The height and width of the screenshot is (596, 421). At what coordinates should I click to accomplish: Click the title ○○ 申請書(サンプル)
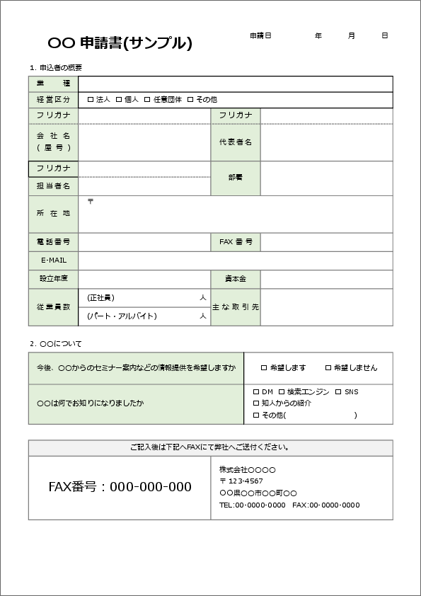[120, 43]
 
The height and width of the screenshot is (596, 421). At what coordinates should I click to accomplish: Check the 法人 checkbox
[91, 100]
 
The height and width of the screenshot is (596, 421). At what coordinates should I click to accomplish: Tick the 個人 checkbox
[119, 100]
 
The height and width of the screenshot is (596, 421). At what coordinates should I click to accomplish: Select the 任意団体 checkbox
[147, 100]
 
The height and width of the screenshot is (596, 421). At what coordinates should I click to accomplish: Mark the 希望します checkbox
[264, 368]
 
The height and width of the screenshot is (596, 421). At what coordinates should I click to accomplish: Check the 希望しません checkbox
[328, 368]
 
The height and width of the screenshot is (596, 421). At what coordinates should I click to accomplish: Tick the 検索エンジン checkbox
[282, 391]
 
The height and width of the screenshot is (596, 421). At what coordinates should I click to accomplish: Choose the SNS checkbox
[338, 391]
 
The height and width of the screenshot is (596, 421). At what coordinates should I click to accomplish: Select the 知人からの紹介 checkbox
[256, 403]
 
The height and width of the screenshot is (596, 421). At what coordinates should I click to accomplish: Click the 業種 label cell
[53, 84]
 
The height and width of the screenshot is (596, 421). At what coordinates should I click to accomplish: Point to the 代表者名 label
[236, 142]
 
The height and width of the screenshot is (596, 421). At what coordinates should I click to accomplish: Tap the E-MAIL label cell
[53, 260]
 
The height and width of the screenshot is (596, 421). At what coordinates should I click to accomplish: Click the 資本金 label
[236, 279]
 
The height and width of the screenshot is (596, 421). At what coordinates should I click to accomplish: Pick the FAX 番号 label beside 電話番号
[236, 242]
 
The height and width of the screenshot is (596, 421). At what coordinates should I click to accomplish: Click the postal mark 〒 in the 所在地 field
[90, 201]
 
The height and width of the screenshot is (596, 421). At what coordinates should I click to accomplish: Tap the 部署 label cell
[236, 178]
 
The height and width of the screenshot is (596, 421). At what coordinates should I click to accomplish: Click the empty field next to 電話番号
[144, 242]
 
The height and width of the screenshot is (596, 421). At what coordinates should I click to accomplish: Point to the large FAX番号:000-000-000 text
[120, 487]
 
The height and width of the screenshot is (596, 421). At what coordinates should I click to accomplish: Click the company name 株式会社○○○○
[247, 470]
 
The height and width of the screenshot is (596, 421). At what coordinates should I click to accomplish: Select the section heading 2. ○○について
[56, 344]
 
